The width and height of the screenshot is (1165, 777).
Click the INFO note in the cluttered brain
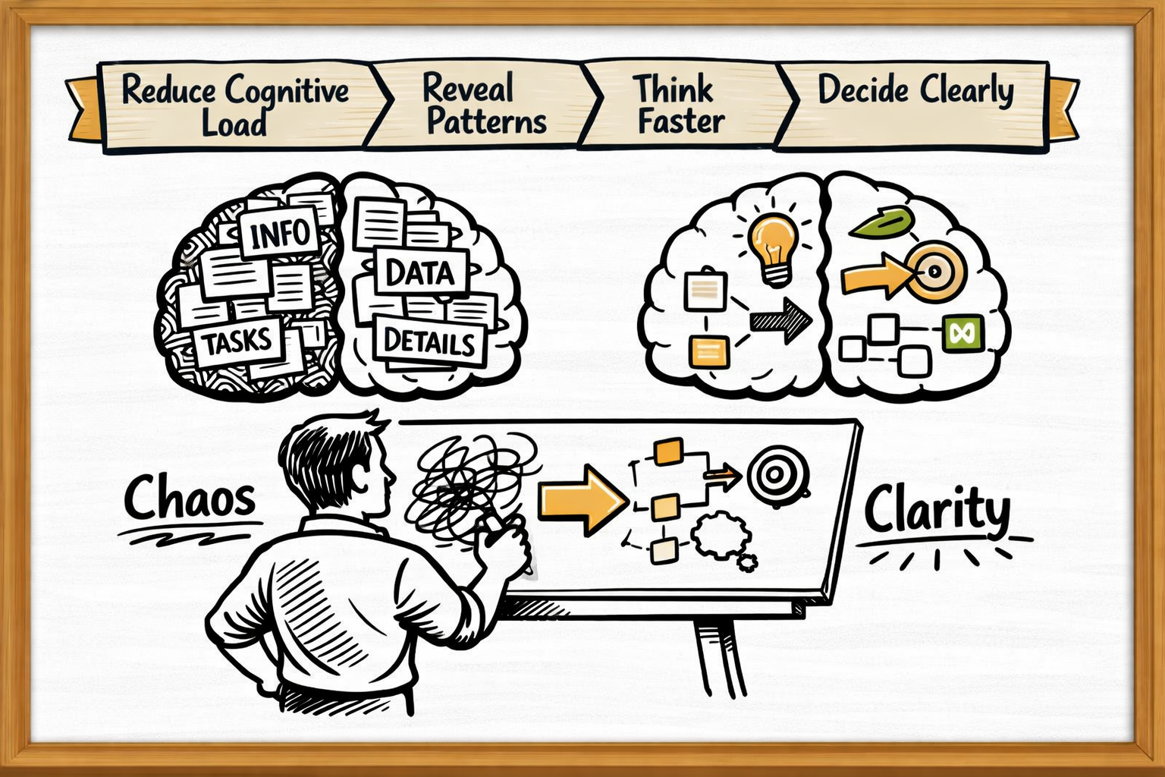279,233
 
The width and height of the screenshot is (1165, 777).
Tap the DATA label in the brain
419,272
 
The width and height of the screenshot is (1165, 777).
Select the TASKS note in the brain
237,342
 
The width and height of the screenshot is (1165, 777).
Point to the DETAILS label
429,342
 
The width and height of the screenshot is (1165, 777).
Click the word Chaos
190,499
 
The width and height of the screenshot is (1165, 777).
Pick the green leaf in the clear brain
882,222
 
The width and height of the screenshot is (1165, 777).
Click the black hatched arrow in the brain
781,319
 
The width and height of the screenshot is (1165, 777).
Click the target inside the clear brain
934,270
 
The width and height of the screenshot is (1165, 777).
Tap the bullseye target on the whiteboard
775,476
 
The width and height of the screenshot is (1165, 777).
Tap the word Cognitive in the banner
287,92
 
